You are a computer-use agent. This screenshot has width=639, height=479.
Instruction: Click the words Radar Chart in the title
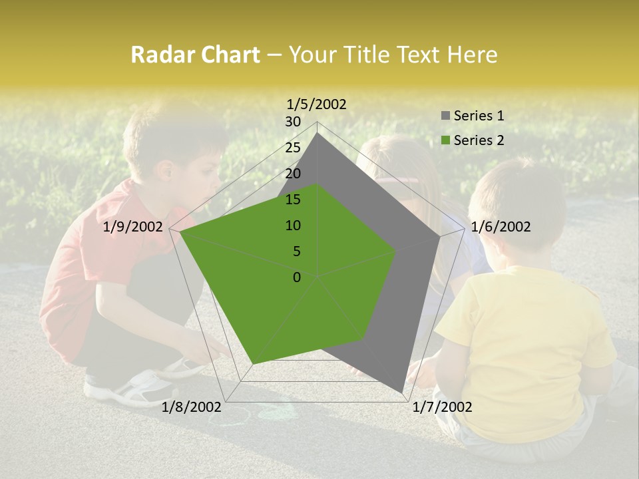tap(194, 55)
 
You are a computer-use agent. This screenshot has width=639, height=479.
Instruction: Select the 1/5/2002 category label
tap(317, 104)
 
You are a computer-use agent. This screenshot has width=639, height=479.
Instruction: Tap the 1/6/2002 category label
tap(501, 227)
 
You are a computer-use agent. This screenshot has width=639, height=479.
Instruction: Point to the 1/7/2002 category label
tap(442, 407)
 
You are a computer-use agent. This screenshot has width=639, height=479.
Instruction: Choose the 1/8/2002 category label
tap(192, 407)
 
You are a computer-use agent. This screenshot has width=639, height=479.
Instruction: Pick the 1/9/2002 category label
tap(133, 227)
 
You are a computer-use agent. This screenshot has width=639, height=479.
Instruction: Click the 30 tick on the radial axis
tap(293, 122)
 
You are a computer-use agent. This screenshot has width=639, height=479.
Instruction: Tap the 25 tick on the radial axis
tap(293, 148)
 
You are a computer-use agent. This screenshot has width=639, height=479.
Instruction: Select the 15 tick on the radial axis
tap(293, 200)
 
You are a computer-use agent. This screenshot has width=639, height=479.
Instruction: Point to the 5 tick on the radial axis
tap(296, 251)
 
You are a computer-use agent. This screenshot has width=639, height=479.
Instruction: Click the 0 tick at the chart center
tap(297, 277)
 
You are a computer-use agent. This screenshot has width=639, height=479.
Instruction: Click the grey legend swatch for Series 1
tap(445, 116)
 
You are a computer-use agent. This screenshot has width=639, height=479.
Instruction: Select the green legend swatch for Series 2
tap(445, 140)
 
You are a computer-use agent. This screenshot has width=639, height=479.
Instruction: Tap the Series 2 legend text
tap(479, 140)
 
